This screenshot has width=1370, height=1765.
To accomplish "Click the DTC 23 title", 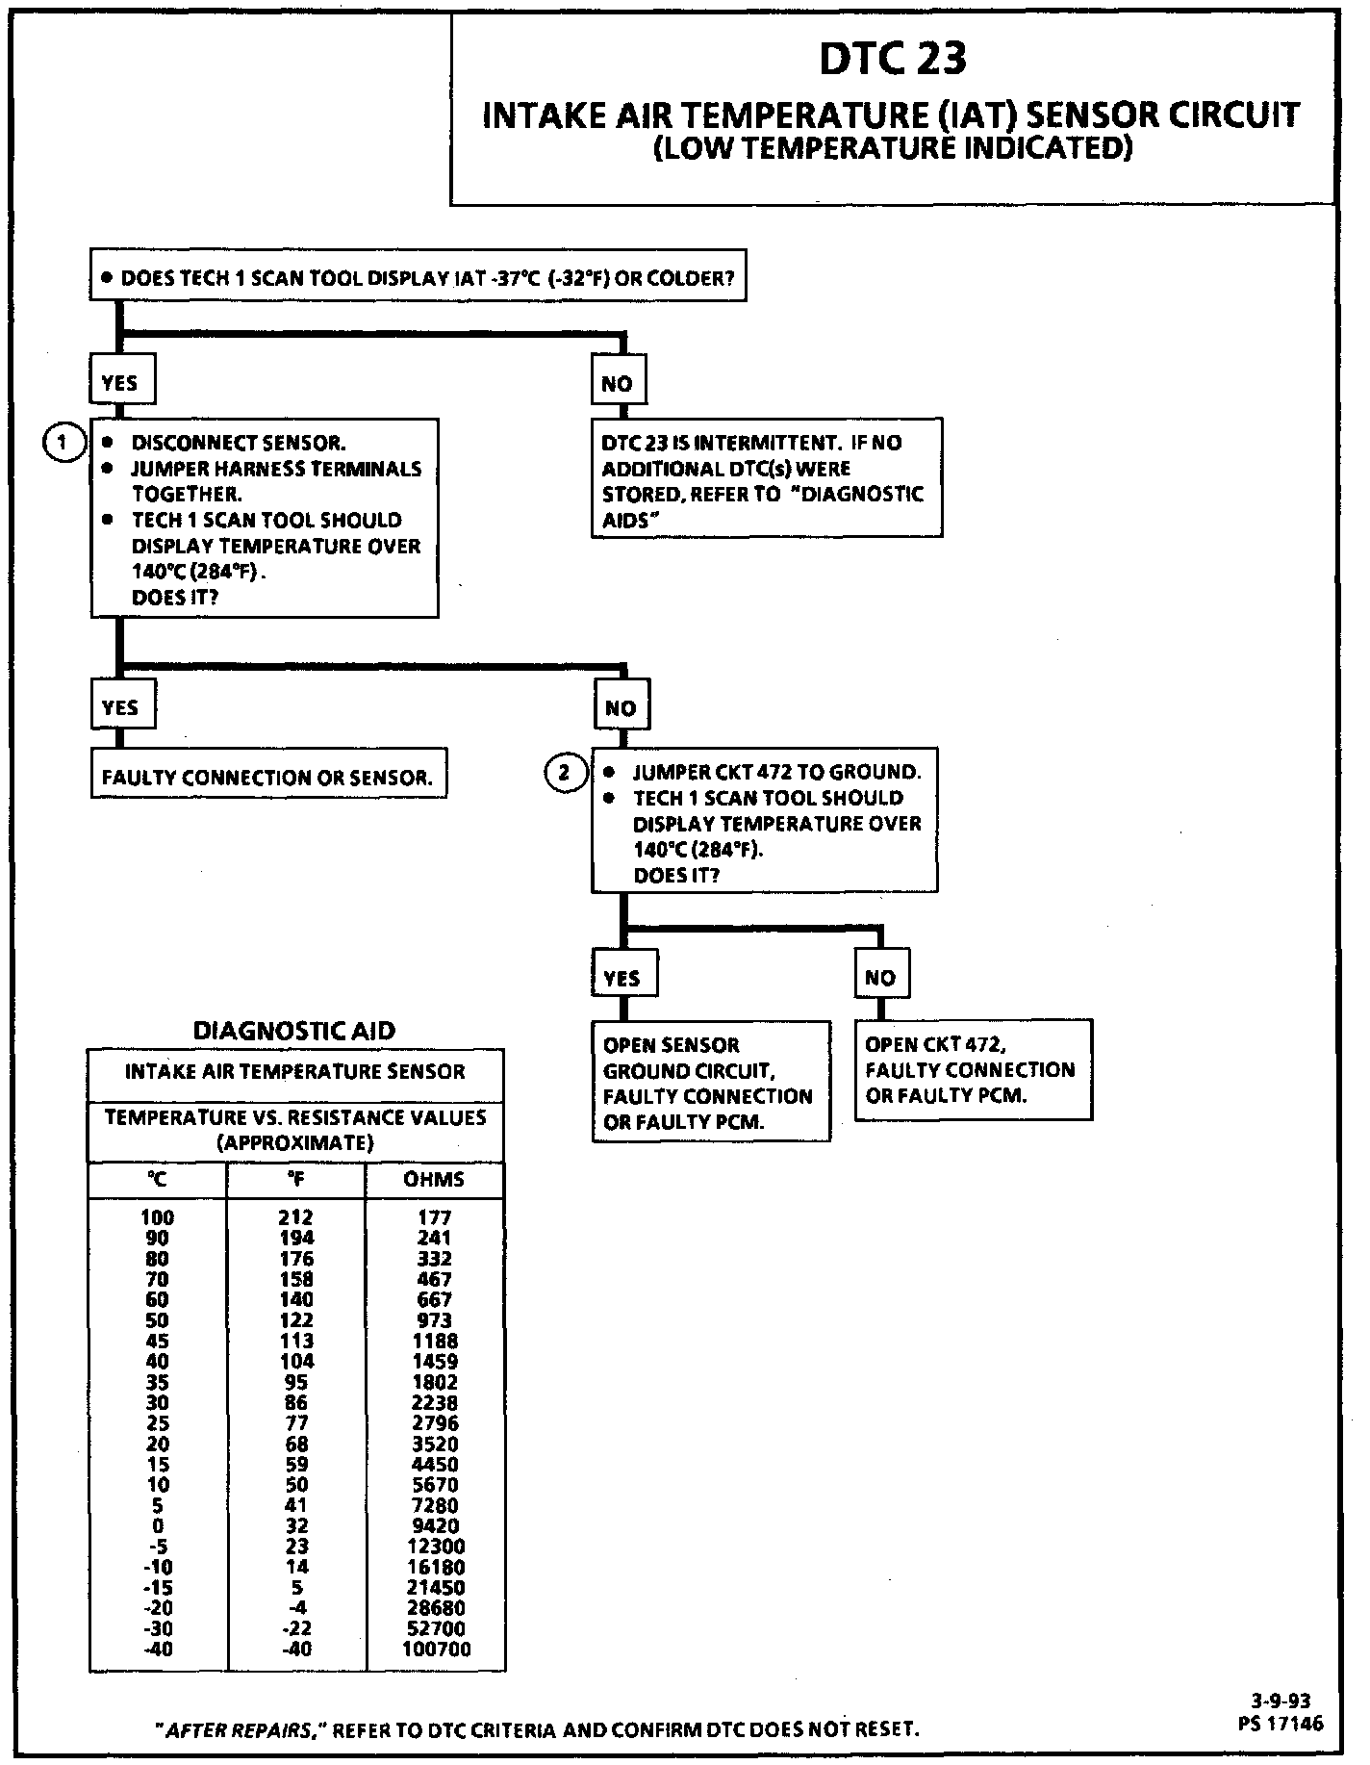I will [x=892, y=60].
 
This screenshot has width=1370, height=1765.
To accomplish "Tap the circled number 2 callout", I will [x=565, y=772].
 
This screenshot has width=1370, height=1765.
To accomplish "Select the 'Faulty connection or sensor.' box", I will [x=268, y=778].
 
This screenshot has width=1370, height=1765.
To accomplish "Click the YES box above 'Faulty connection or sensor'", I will [x=121, y=707].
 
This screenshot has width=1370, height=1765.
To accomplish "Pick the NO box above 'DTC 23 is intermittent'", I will [x=618, y=383].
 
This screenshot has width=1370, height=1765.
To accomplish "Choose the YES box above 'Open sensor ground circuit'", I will [x=622, y=978].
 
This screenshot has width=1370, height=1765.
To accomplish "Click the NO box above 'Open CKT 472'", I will [x=880, y=978].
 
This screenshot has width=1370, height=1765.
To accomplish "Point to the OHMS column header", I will [x=435, y=1180].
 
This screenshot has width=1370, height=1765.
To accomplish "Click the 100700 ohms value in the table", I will [x=436, y=1649].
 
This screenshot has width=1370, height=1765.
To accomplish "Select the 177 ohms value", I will [x=435, y=1217].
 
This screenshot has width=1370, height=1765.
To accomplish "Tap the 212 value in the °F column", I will [x=296, y=1217].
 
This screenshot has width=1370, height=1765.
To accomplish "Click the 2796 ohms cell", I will [x=435, y=1422].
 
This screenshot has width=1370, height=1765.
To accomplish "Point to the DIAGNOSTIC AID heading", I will [x=294, y=1031].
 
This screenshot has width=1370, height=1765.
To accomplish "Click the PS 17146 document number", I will [x=1281, y=1723].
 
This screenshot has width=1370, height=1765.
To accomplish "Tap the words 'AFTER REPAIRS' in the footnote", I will [x=238, y=1729].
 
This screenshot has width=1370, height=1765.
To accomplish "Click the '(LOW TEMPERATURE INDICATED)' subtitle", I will [x=892, y=149].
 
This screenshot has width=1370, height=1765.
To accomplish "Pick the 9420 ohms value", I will [x=435, y=1525].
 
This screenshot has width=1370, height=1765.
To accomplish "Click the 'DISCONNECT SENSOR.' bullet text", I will [x=238, y=443].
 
